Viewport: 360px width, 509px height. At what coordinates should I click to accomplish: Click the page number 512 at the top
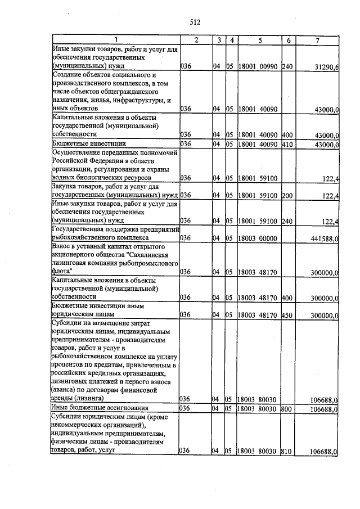(x=195, y=22)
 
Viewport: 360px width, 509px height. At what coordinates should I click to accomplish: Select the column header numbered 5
(x=260, y=40)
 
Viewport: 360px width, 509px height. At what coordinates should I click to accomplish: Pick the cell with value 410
(x=287, y=144)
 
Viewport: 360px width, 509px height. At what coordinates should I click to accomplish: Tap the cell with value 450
(x=287, y=316)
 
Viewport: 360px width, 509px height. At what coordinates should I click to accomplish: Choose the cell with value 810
(x=287, y=451)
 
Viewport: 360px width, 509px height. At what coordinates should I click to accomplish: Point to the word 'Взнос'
(x=63, y=246)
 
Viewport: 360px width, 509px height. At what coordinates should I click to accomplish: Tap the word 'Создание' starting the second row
(x=69, y=75)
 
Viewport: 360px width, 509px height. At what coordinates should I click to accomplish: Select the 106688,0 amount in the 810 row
(x=325, y=451)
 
